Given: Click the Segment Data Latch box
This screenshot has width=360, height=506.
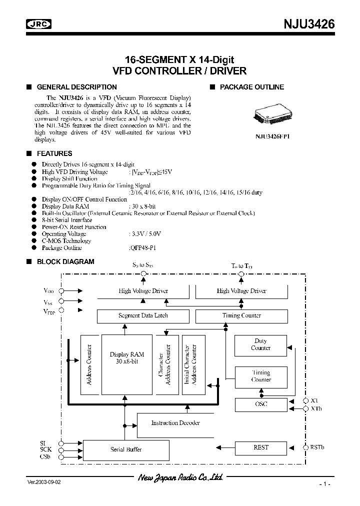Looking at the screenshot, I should point(143,316).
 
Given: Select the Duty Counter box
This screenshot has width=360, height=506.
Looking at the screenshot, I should point(260,345).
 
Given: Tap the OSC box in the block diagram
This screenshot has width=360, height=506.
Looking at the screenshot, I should point(260,404).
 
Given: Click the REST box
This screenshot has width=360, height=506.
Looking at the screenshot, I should point(260,447).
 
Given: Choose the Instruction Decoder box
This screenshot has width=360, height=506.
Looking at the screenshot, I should point(175,423).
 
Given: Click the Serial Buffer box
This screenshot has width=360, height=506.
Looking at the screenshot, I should point(126,449).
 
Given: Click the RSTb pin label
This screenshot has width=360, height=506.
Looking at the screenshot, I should point(317,447).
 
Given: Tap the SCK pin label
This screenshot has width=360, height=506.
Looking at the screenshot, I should point(46,449).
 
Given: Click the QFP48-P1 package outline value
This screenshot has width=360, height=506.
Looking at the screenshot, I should point(144,248).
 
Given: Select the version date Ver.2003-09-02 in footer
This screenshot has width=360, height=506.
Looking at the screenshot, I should point(44,482).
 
